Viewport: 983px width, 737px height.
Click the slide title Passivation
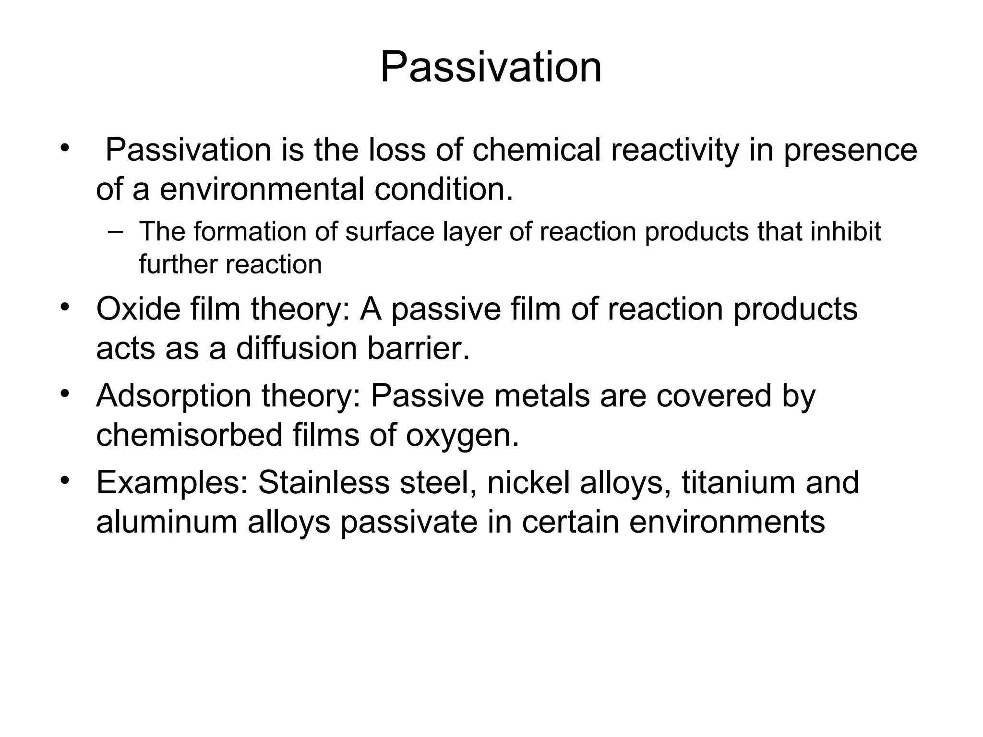[x=491, y=68]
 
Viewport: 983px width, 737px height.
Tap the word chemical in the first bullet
[x=536, y=150]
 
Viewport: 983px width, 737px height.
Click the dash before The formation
[x=115, y=232]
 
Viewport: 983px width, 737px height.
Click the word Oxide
[x=138, y=309]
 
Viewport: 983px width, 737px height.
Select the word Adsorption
[x=174, y=396]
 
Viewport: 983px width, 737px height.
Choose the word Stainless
[x=324, y=483]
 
